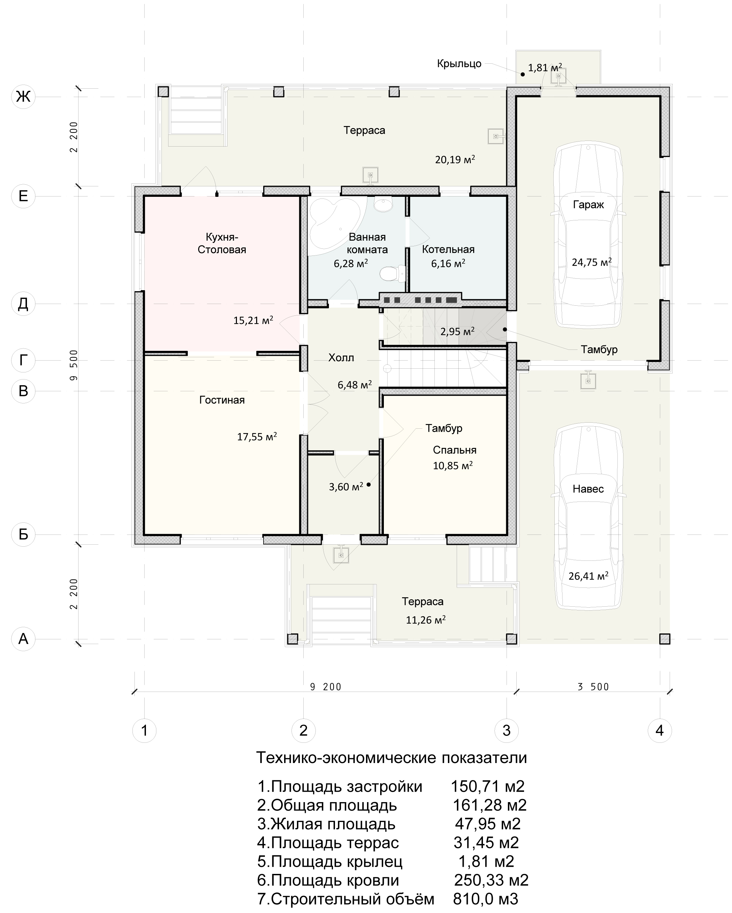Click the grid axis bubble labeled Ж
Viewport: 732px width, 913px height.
(x=23, y=97)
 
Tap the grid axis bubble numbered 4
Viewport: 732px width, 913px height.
(x=660, y=730)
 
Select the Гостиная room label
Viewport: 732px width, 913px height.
(x=222, y=400)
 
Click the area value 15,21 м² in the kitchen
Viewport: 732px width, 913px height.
(x=253, y=320)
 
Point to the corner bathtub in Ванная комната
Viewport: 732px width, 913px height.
(x=334, y=227)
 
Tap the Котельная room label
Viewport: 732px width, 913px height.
(x=448, y=249)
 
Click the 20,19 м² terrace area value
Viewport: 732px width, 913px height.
(x=455, y=160)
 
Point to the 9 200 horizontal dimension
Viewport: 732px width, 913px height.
(x=326, y=687)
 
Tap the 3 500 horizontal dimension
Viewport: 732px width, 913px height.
(x=593, y=687)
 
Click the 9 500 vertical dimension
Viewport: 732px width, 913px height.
(x=74, y=365)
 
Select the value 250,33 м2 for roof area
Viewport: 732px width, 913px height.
(x=491, y=880)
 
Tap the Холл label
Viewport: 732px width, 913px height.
(x=341, y=358)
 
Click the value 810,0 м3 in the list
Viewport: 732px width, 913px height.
(x=486, y=899)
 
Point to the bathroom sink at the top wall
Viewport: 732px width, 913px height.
(x=384, y=204)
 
